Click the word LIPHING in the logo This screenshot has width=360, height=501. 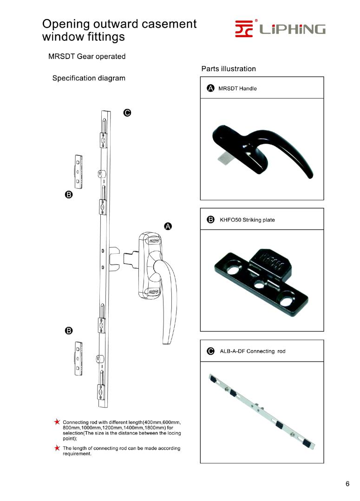coord(292,30)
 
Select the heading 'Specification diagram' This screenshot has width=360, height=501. coord(89,78)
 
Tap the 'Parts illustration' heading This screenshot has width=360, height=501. coord(229,69)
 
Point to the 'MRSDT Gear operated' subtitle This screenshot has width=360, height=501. coord(87,57)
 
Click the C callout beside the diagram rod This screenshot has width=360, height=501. coord(127,112)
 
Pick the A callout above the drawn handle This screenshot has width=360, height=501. coord(168,226)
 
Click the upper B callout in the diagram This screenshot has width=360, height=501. coord(68,195)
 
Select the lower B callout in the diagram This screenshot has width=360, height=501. coord(68,330)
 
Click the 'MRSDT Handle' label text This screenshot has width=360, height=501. coord(237,88)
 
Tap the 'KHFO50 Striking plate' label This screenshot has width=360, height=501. coord(247,220)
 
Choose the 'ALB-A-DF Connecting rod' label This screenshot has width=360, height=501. coord(252,351)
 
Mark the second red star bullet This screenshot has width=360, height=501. coord(57,448)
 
